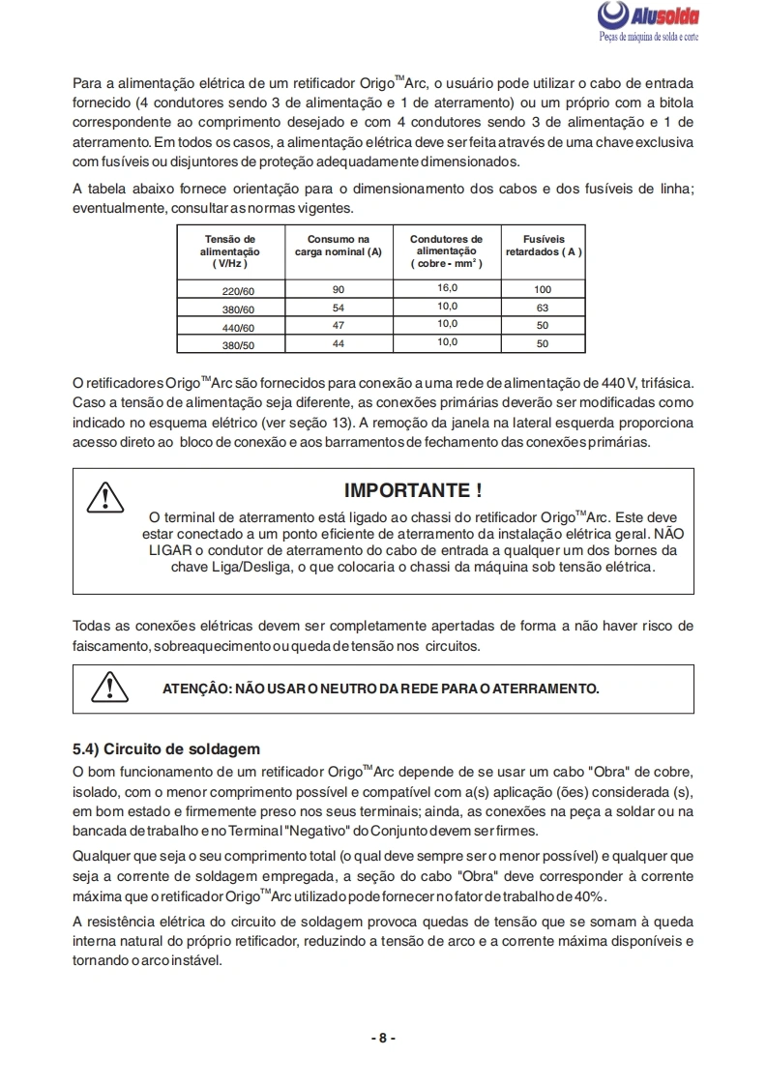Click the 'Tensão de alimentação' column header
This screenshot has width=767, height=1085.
tap(230, 250)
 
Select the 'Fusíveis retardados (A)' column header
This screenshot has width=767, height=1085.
tap(543, 245)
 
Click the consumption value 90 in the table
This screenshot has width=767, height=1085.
tap(338, 289)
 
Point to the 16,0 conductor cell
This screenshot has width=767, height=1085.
tap(446, 288)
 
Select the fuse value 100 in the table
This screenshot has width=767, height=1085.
tap(543, 290)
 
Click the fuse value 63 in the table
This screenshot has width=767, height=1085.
tap(543, 308)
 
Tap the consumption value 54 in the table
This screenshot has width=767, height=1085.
tap(338, 308)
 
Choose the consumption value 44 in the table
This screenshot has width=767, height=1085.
tap(338, 343)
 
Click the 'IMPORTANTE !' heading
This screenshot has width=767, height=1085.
tap(413, 490)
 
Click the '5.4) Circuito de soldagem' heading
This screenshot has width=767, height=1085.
tap(166, 748)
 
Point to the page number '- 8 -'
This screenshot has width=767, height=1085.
tap(383, 1038)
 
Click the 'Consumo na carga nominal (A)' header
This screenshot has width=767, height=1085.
tap(338, 245)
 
